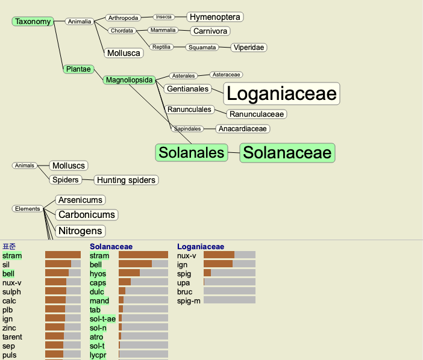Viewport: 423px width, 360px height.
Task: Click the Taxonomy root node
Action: pyautogui.click(x=33, y=21)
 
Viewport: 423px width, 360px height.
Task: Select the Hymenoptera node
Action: pyautogui.click(x=215, y=17)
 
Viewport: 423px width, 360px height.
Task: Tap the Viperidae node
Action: pyautogui.click(x=249, y=48)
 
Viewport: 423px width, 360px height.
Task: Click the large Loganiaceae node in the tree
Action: pyautogui.click(x=281, y=93)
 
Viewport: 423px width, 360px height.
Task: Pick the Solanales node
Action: pyautogui.click(x=191, y=152)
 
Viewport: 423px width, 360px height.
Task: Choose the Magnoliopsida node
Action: pyautogui.click(x=129, y=80)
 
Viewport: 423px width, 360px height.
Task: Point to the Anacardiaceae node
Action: pyautogui.click(x=242, y=129)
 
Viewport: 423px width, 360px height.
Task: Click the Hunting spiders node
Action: pyautogui.click(x=126, y=180)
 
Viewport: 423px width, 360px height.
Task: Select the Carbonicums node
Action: pyautogui.click(x=87, y=215)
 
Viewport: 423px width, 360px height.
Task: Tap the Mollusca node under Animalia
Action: pyautogui.click(x=124, y=53)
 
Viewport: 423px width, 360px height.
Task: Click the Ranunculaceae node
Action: pyautogui.click(x=257, y=114)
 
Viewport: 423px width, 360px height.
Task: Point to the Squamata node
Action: pyautogui.click(x=202, y=48)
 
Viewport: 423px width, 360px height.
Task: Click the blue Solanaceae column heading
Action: pyautogui.click(x=111, y=247)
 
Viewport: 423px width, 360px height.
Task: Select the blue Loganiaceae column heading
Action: pyautogui.click(x=201, y=247)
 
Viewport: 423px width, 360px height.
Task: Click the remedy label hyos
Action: pyautogui.click(x=98, y=274)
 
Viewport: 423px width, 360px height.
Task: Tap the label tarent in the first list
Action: pyautogui.click(x=12, y=337)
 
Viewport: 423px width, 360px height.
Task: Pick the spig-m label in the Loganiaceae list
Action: pyautogui.click(x=189, y=301)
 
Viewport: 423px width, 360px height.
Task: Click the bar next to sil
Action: pyautogui.click(x=63, y=264)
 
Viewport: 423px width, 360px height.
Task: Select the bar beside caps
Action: pyautogui.click(x=143, y=282)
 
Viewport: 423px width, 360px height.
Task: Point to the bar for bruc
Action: pyautogui.click(x=230, y=291)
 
